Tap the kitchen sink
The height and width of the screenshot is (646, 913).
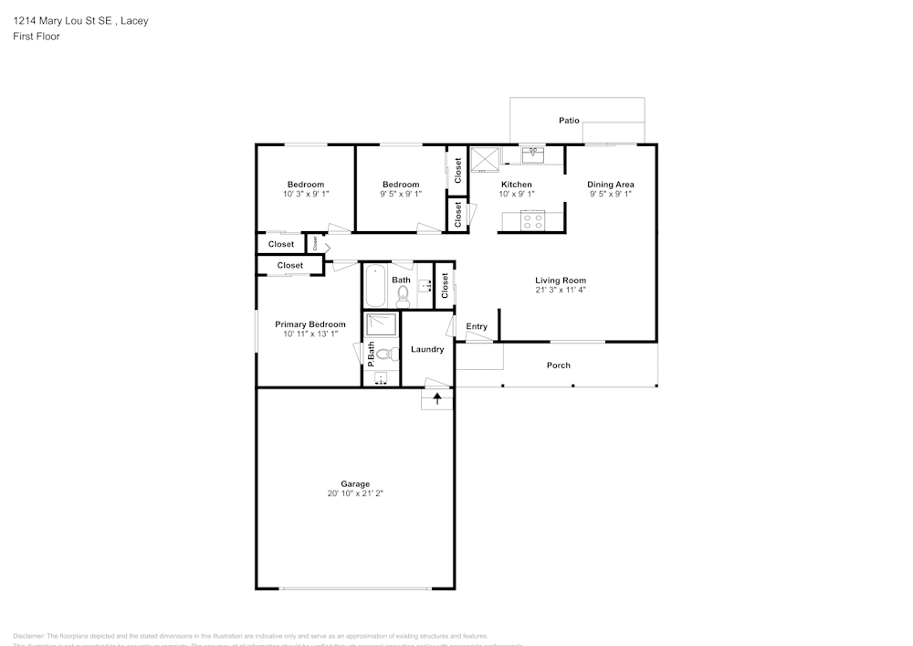(x=532, y=154)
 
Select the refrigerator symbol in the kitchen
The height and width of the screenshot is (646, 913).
(x=485, y=159)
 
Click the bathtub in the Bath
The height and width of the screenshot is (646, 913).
(x=375, y=286)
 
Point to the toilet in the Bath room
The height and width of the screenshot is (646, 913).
(x=404, y=294)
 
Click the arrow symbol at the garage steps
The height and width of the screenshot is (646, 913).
(x=437, y=398)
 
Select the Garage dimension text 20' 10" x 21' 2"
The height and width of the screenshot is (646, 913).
(x=356, y=493)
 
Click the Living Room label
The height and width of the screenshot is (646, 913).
(x=561, y=281)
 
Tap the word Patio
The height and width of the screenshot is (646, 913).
(x=569, y=121)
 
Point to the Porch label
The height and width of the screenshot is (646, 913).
(x=559, y=365)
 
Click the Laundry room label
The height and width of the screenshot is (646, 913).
(x=427, y=349)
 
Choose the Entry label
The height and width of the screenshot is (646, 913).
(x=477, y=326)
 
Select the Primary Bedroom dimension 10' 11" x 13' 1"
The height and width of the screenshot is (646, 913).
(x=310, y=334)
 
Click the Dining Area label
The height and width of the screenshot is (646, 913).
(x=611, y=185)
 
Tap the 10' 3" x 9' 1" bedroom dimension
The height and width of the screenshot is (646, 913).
(x=306, y=194)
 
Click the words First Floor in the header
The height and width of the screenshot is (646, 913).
(x=37, y=37)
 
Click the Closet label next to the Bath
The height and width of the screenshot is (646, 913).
(x=445, y=286)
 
